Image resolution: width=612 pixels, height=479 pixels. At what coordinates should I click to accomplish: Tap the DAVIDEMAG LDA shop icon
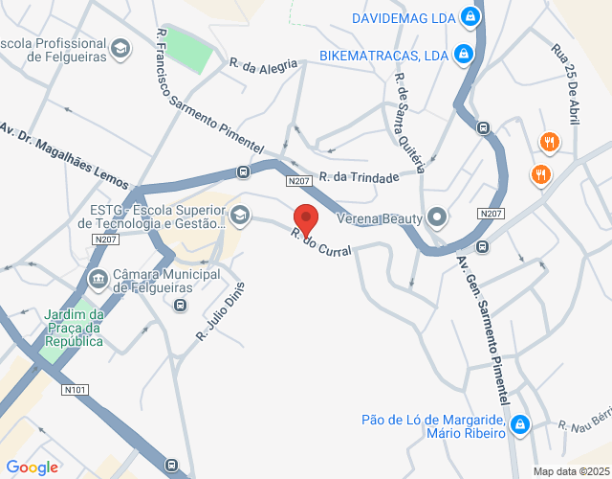coord(470,16)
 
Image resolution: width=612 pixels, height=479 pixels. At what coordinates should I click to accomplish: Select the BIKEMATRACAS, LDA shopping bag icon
coord(463,54)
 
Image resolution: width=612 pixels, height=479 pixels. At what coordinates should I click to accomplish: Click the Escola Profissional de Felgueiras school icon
coord(120,48)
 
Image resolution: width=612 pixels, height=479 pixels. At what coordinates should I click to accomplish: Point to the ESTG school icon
coord(238,214)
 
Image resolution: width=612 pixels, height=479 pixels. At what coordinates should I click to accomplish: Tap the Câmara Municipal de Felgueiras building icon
coord(98,280)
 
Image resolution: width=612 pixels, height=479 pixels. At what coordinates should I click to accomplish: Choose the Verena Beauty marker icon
coord(437,217)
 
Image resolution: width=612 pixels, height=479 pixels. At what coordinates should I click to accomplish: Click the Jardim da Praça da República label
coord(74,328)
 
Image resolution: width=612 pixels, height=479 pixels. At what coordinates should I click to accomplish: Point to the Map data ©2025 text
coord(570,471)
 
